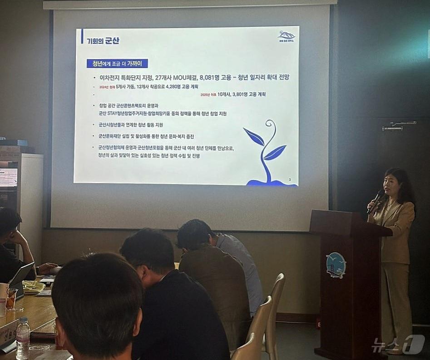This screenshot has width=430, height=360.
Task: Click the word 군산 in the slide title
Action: pos(112,41)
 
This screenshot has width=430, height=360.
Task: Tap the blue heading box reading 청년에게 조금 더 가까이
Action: pos(117,64)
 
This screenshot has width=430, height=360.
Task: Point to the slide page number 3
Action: pos(290,180)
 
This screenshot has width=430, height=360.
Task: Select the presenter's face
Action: pos(392,184)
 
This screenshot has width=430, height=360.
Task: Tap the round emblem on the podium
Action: pos(336,265)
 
